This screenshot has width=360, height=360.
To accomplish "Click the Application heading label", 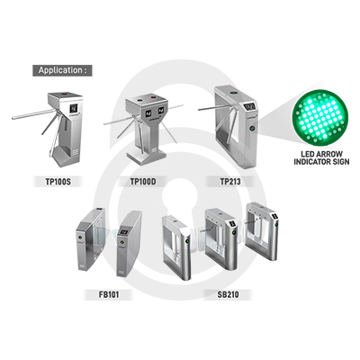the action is [62, 70].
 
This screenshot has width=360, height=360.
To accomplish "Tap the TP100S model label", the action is [58, 182].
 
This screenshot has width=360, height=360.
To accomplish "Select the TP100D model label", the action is [143, 182].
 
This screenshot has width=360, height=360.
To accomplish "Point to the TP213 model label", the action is [230, 182].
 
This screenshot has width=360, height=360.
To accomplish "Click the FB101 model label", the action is [109, 294].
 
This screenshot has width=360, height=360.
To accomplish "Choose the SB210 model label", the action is [229, 294].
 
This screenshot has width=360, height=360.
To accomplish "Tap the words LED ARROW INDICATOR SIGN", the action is [321, 157].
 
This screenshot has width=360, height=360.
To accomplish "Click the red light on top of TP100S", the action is [64, 94].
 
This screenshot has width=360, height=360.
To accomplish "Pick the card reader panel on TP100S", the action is [74, 109].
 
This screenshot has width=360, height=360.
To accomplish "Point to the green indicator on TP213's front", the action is [252, 129].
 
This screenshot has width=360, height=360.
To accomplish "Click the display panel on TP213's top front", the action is [249, 106].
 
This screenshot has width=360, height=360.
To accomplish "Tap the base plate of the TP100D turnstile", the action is [147, 158].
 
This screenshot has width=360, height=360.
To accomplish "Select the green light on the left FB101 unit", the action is [80, 239].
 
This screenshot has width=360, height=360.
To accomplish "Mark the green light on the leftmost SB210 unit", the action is [187, 241].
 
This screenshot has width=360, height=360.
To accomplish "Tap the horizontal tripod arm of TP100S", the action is [33, 114].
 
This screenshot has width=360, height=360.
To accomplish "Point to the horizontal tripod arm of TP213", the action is [217, 108].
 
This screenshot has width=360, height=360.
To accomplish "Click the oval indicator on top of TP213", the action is [232, 93].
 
